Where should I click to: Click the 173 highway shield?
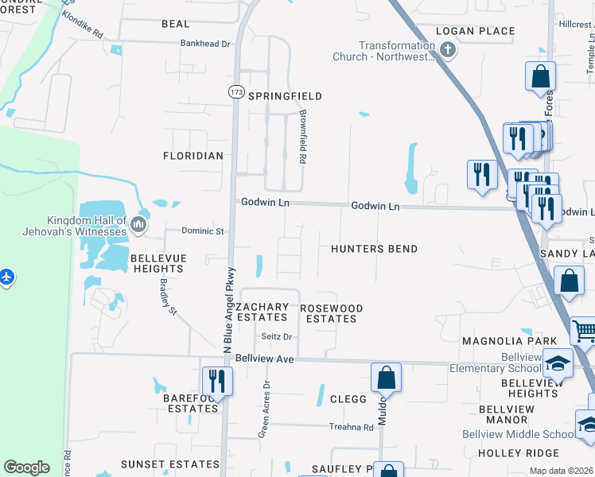(235, 92)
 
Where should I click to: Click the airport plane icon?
(7, 277)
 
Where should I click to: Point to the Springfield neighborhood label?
(285, 96)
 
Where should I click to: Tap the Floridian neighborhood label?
(193, 156)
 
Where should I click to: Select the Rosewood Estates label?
(331, 313)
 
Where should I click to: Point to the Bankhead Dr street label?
(204, 44)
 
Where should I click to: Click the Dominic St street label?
(204, 231)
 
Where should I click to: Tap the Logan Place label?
(476, 31)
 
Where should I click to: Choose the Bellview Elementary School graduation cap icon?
(558, 363)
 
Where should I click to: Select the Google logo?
(26, 467)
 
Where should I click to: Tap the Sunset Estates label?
(169, 463)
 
